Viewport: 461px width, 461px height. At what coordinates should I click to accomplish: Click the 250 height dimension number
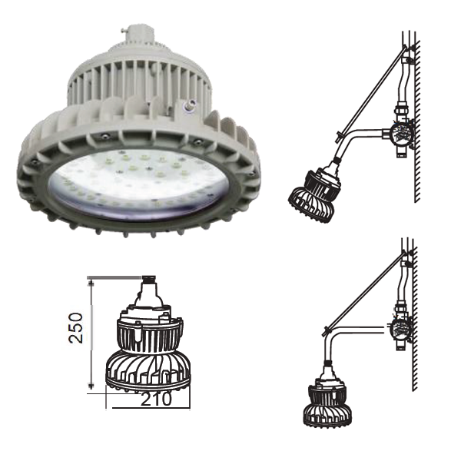75,328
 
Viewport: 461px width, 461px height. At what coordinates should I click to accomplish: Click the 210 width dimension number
156,399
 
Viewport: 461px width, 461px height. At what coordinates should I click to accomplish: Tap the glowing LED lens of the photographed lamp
138,184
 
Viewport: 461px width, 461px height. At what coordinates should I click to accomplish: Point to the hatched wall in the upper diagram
417,121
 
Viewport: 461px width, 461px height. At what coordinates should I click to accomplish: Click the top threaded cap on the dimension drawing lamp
148,278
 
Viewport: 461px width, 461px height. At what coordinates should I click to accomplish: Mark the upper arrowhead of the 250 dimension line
91,283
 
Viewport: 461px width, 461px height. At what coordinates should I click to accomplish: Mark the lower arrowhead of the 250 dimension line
91,386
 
